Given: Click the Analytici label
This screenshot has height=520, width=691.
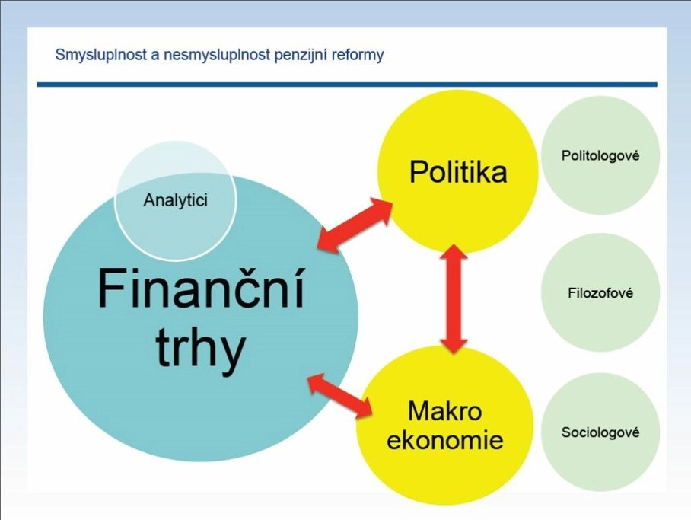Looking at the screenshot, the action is click(175, 201).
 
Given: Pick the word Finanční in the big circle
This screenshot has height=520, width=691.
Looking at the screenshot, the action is click(201, 289).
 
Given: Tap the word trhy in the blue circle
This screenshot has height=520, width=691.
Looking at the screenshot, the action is click(200, 349).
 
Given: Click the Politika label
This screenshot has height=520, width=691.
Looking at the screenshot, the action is click(458, 171).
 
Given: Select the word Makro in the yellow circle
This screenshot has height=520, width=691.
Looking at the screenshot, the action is click(445, 411).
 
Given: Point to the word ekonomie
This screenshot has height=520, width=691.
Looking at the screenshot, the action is click(445, 440).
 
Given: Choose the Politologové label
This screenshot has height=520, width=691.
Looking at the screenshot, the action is click(600, 155).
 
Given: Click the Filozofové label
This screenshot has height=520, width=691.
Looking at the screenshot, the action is click(600, 293).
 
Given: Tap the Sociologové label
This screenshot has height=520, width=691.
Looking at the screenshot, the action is click(600, 432).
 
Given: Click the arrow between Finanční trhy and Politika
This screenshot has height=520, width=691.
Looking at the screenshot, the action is click(355, 225).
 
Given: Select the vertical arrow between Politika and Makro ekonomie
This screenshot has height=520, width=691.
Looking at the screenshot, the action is click(454, 298).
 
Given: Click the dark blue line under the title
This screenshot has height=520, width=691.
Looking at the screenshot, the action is click(347, 85).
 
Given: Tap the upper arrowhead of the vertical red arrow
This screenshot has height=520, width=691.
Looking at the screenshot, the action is click(454, 254).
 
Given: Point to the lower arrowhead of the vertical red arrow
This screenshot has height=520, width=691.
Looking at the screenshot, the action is click(454, 344).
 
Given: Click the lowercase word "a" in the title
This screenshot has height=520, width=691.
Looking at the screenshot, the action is click(155, 56).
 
